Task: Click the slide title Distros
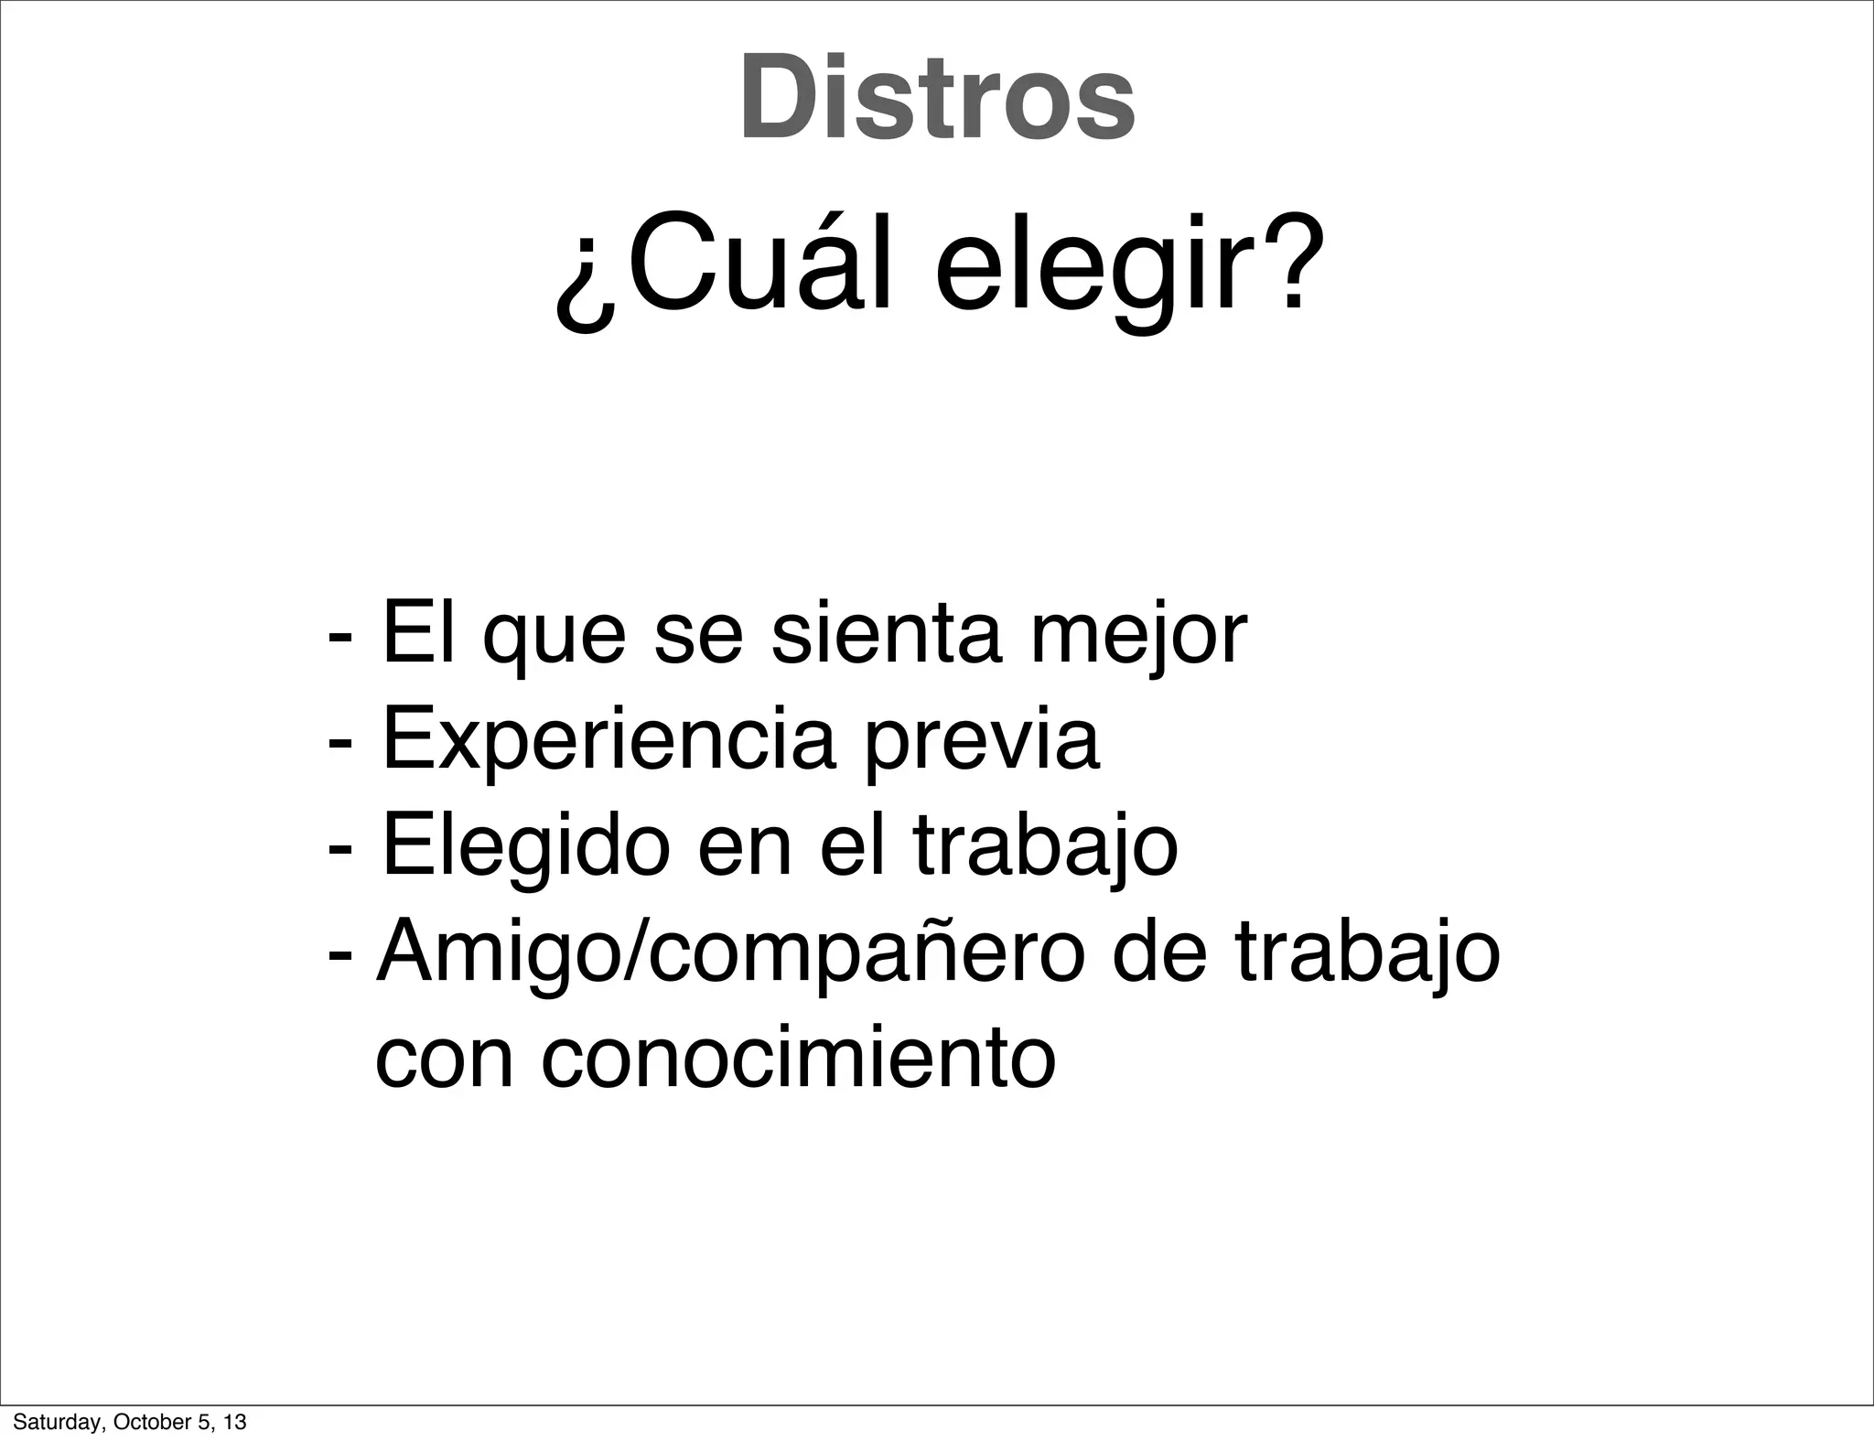tap(937, 99)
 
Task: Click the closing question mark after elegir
tap(1288, 261)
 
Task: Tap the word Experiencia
tap(608, 743)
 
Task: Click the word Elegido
tap(525, 849)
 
